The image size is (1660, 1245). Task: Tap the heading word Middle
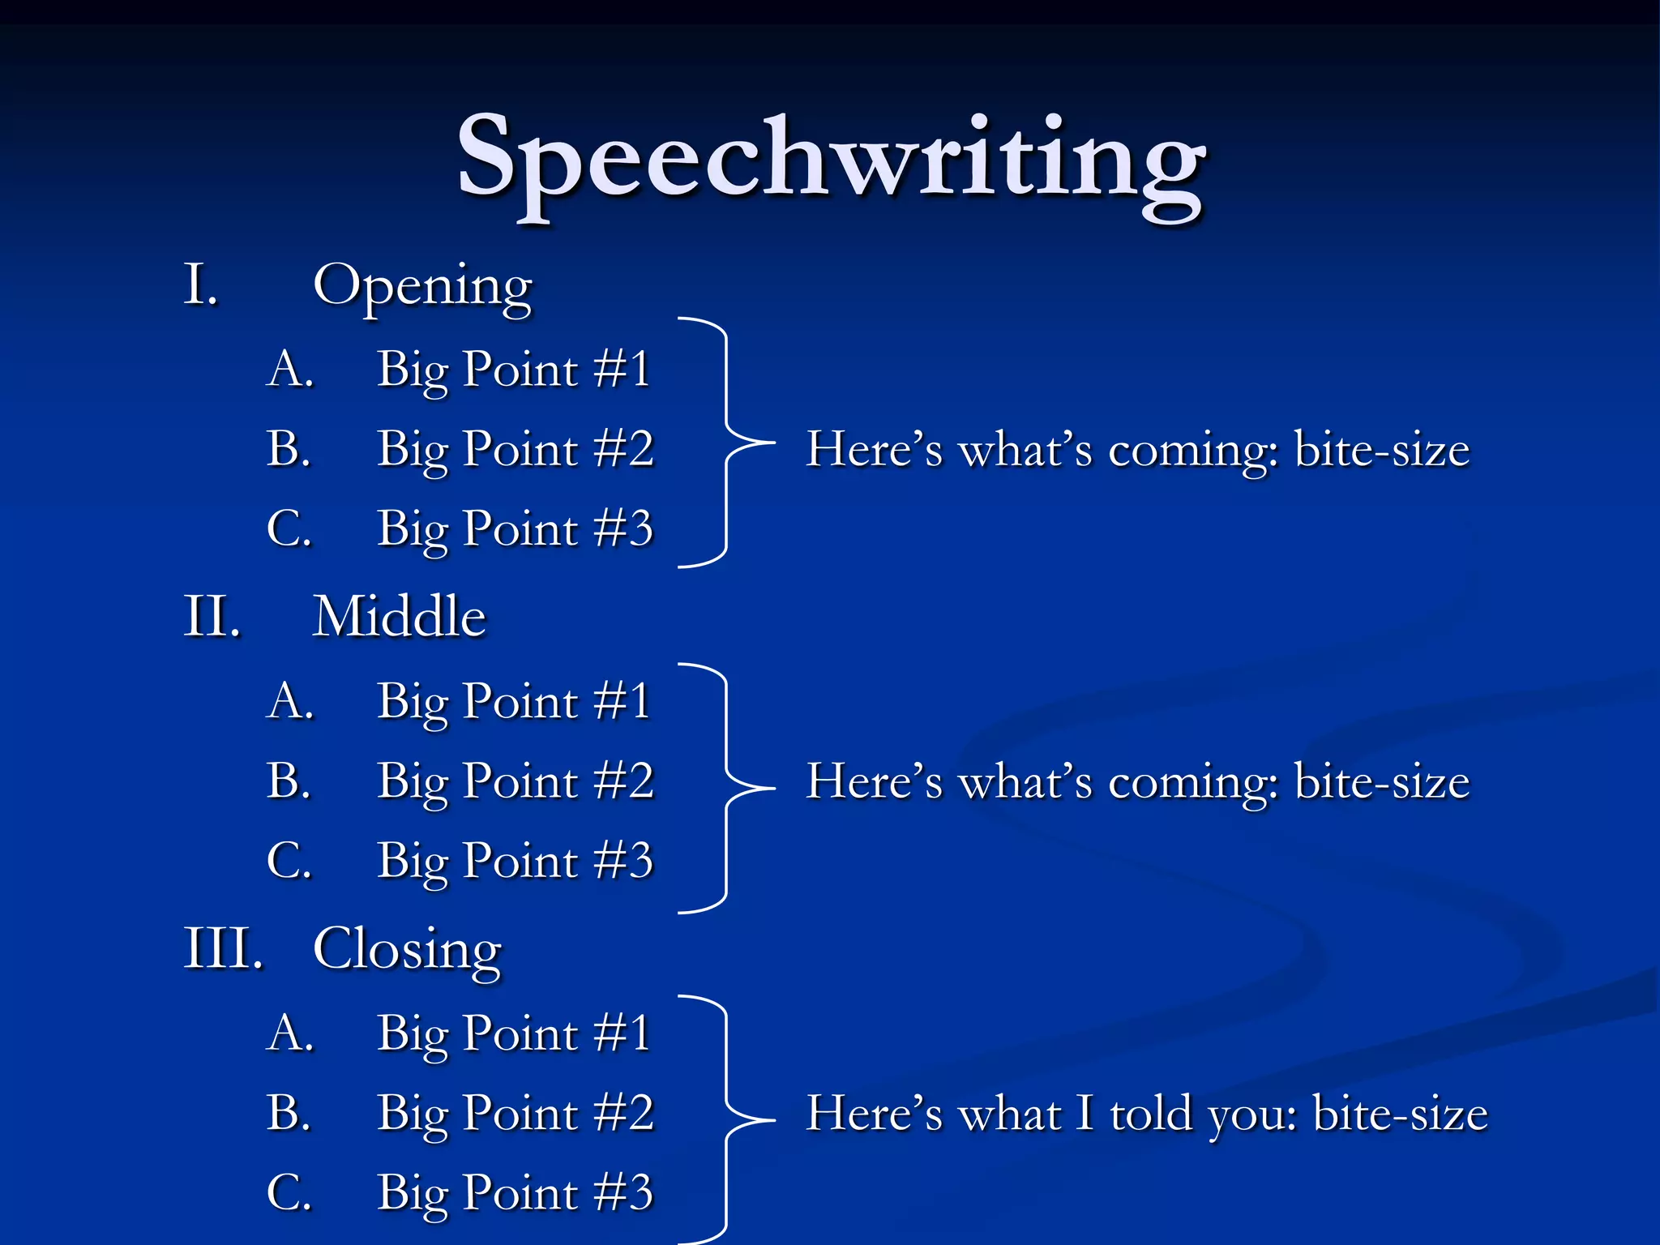399,618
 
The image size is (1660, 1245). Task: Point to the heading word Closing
407,950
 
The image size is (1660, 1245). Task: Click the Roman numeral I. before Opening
201,285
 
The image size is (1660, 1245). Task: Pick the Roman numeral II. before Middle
212,618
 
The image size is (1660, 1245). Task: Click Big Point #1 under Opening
514,370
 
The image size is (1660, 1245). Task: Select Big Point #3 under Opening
515,530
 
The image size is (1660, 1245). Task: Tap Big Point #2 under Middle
515,782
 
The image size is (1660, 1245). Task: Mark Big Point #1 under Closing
514,1034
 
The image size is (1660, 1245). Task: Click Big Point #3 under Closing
515,1194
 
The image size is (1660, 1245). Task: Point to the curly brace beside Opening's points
726,443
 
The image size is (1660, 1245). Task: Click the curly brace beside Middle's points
726,788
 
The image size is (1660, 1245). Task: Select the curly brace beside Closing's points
726,1120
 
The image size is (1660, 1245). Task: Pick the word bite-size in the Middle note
1381,782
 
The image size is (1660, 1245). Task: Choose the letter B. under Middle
289,781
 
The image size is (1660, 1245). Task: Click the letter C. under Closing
289,1193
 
